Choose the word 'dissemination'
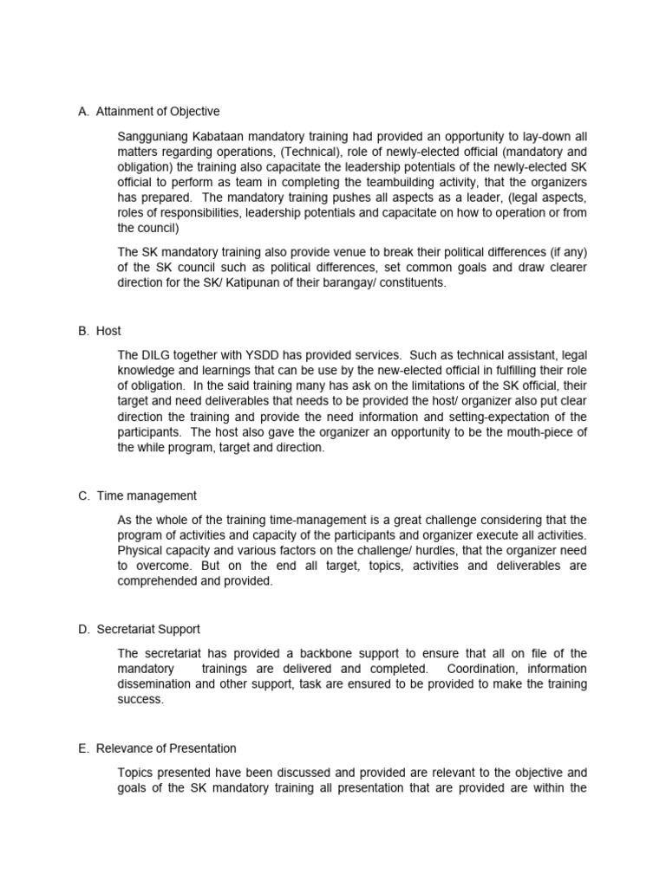tap(153, 683)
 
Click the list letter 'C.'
tap(83, 495)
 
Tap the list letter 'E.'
tap(83, 748)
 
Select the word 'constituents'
tap(413, 282)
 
